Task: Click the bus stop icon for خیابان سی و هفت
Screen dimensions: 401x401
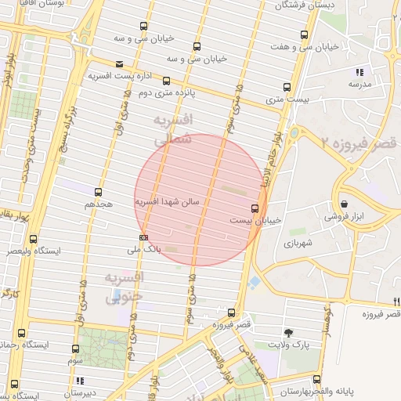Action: pyautogui.click(x=305, y=34)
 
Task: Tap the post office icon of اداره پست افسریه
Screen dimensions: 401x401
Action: pyautogui.click(x=119, y=64)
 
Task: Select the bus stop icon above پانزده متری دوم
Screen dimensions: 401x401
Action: pyautogui.click(x=166, y=80)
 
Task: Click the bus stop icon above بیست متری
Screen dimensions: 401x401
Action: pyautogui.click(x=287, y=88)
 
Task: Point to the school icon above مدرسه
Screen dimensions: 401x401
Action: pyautogui.click(x=359, y=72)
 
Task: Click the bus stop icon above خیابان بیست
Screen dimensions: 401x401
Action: pyautogui.click(x=255, y=208)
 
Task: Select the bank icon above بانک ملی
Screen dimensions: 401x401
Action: pyautogui.click(x=143, y=237)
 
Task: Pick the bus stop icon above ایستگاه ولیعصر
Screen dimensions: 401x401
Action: pyautogui.click(x=33, y=240)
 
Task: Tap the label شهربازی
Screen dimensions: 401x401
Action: pyautogui.click(x=298, y=244)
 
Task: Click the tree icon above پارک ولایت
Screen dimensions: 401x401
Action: pyautogui.click(x=289, y=333)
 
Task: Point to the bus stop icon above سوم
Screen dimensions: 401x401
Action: pyautogui.click(x=75, y=349)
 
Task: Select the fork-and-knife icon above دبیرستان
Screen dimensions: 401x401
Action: pyautogui.click(x=79, y=381)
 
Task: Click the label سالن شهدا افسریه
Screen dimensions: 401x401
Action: pyautogui.click(x=168, y=202)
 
